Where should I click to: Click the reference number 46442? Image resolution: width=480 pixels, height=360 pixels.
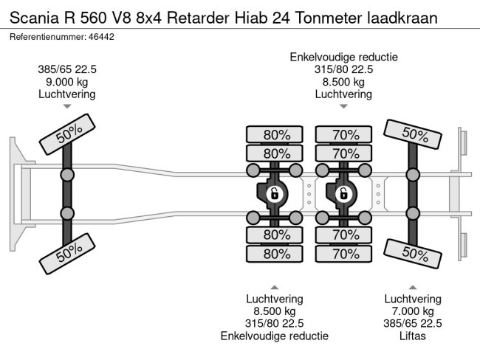pyautogui.click(x=101, y=37)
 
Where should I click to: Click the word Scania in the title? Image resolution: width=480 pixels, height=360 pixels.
pyautogui.click(x=34, y=18)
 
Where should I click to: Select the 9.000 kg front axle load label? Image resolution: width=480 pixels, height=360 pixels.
pyautogui.click(x=67, y=82)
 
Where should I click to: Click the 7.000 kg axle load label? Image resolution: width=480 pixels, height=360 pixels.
pyautogui.click(x=413, y=311)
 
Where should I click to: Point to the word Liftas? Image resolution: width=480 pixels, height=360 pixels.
pyautogui.click(x=413, y=336)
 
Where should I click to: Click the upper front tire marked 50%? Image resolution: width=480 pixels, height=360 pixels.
pyautogui.click(x=67, y=134)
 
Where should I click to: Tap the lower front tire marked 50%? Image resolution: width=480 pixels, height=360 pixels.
pyautogui.click(x=67, y=254)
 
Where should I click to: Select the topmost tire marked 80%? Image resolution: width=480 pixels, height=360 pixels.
pyautogui.click(x=275, y=134)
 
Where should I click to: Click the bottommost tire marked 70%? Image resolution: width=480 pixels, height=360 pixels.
pyautogui.click(x=344, y=254)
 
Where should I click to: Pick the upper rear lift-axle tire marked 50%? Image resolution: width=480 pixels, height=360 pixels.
pyautogui.click(x=412, y=134)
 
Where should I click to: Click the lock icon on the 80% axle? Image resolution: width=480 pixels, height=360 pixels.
pyautogui.click(x=274, y=194)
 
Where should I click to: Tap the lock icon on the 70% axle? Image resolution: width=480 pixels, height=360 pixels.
pyautogui.click(x=343, y=194)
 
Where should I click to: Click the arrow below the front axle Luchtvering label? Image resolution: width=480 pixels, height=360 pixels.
pyautogui.click(x=67, y=106)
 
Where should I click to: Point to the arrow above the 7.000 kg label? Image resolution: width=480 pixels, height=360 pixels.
pyautogui.click(x=413, y=287)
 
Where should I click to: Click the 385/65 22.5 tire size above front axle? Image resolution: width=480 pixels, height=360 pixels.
pyautogui.click(x=67, y=69)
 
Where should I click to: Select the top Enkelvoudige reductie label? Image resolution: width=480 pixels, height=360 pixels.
pyautogui.click(x=344, y=58)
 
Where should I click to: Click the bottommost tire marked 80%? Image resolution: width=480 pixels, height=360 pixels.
pyautogui.click(x=275, y=254)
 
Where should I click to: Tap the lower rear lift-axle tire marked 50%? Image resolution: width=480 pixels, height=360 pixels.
pyautogui.click(x=412, y=254)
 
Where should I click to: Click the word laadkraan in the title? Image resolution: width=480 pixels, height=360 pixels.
pyautogui.click(x=402, y=18)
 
